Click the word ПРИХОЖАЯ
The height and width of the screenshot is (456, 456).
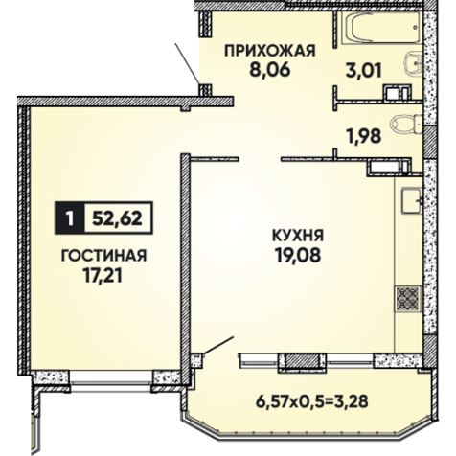coord(270,51)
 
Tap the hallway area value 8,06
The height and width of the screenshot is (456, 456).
coord(270,70)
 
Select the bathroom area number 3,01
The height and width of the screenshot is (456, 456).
coord(364,71)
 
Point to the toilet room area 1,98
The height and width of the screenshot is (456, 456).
coord(364,136)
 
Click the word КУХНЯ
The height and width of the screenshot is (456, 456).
coord(298,236)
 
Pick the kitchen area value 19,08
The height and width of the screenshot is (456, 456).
coord(298,255)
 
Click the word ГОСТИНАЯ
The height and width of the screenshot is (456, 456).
coord(103,256)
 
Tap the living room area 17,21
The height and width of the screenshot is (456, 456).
coord(103,275)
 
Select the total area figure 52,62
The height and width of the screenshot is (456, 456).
coord(117,218)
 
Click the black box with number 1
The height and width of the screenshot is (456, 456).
coord(70,218)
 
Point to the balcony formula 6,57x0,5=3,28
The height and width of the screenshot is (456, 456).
coord(311,401)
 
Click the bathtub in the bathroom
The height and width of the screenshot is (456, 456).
coord(382,28)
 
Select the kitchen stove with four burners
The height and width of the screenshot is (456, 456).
coord(408,299)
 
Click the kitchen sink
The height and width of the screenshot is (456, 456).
coord(412,200)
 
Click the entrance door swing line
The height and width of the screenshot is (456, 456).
coord(188,63)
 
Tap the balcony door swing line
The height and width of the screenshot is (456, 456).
coord(218,345)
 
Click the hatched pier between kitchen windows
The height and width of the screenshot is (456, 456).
coord(302,362)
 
